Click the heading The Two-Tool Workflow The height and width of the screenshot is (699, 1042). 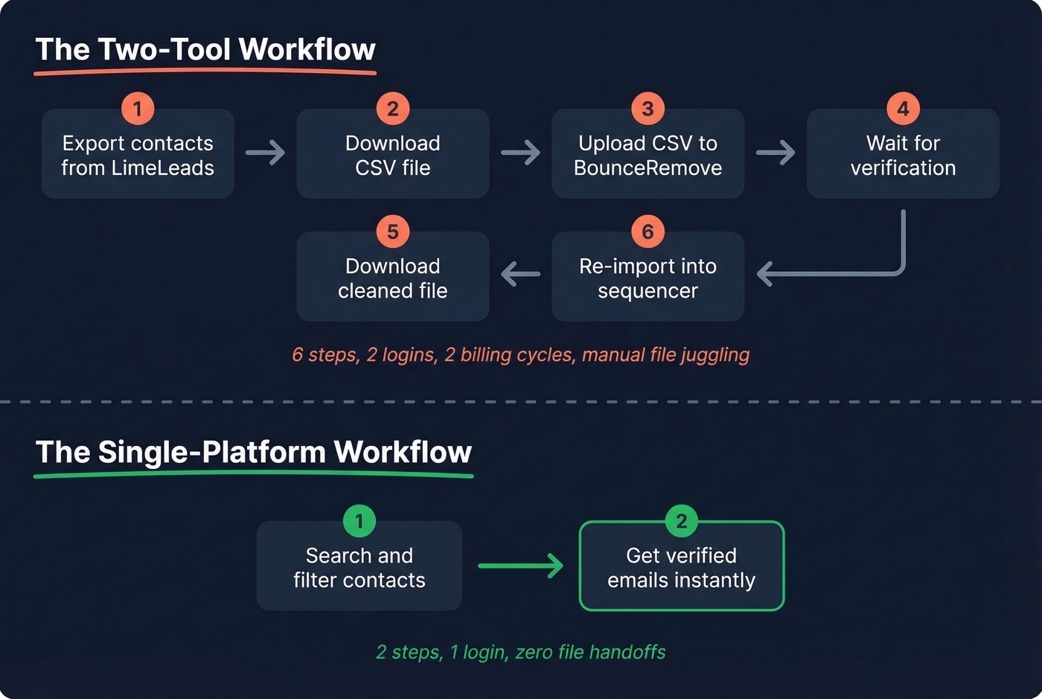(205, 50)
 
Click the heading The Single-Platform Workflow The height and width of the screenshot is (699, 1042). (254, 453)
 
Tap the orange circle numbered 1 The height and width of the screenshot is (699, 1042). (138, 109)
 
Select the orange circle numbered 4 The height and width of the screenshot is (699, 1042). (903, 109)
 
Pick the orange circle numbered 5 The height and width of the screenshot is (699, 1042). (393, 232)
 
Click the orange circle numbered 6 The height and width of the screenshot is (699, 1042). (648, 232)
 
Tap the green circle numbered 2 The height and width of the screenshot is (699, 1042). (681, 521)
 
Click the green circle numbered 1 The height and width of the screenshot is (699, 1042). (359, 521)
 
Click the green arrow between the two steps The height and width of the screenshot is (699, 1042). (520, 566)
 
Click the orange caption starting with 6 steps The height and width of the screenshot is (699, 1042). (520, 354)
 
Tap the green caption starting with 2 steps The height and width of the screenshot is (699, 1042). (520, 652)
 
